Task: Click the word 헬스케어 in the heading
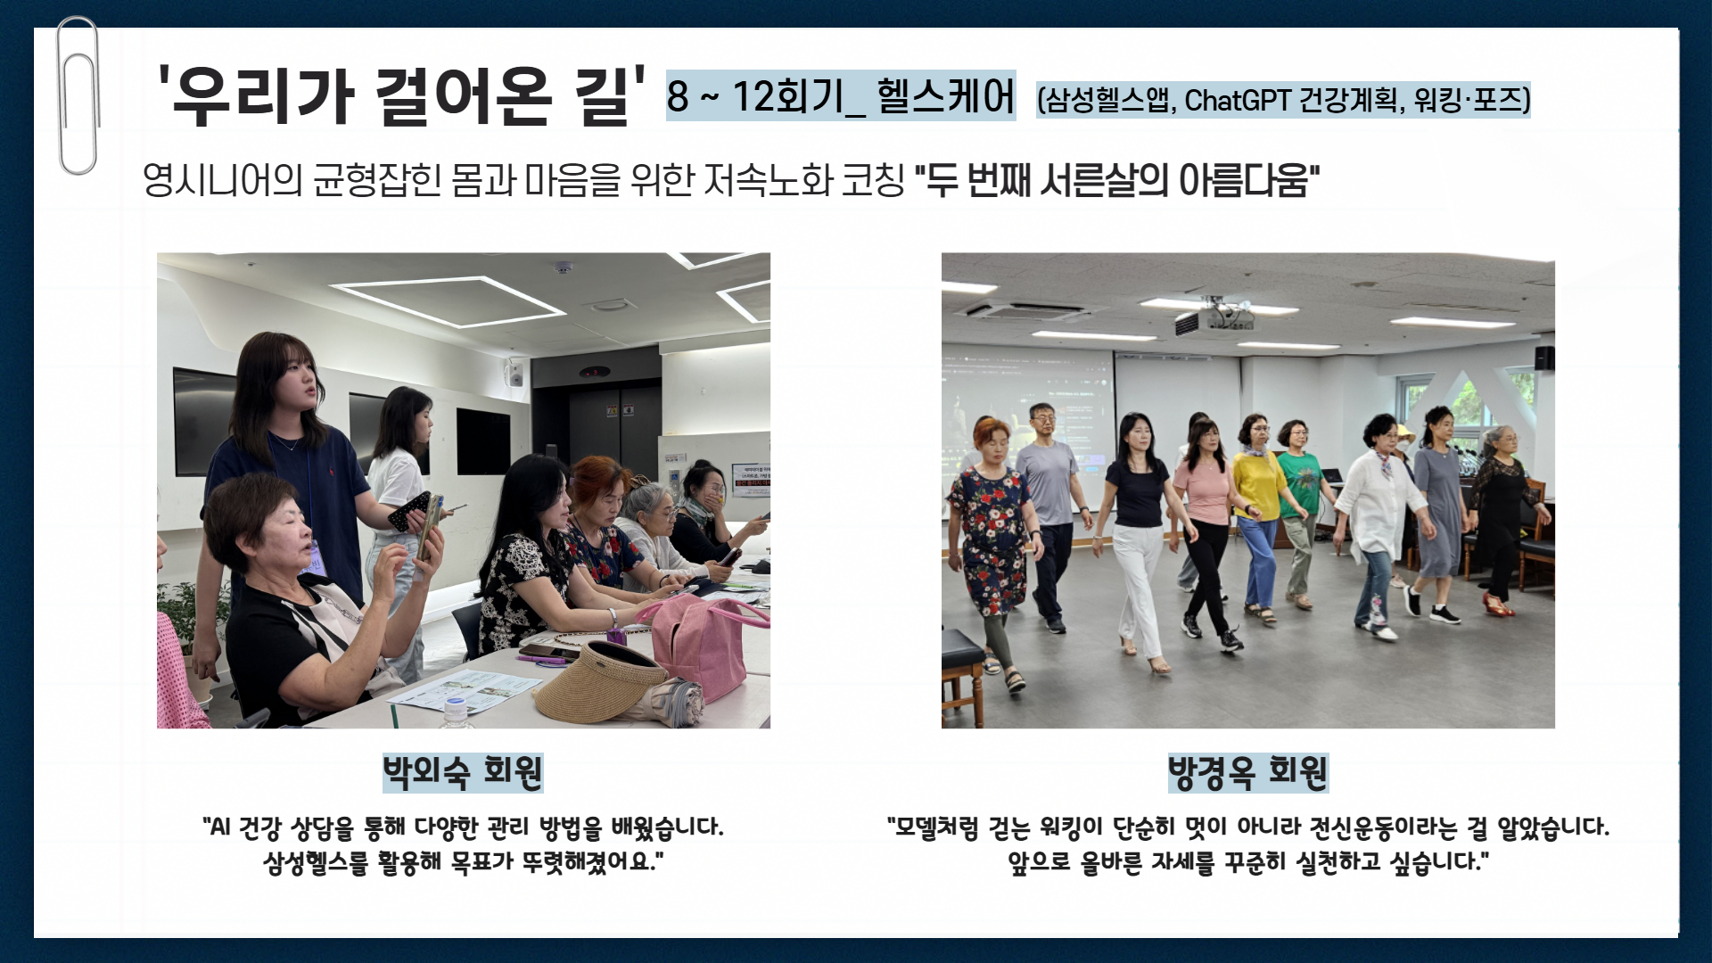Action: point(945,96)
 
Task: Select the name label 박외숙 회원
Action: point(462,772)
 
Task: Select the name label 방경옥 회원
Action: point(1247,772)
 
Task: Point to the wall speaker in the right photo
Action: point(1544,358)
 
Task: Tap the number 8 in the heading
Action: point(678,96)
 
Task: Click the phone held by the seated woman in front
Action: point(431,528)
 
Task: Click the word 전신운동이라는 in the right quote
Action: point(1385,827)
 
